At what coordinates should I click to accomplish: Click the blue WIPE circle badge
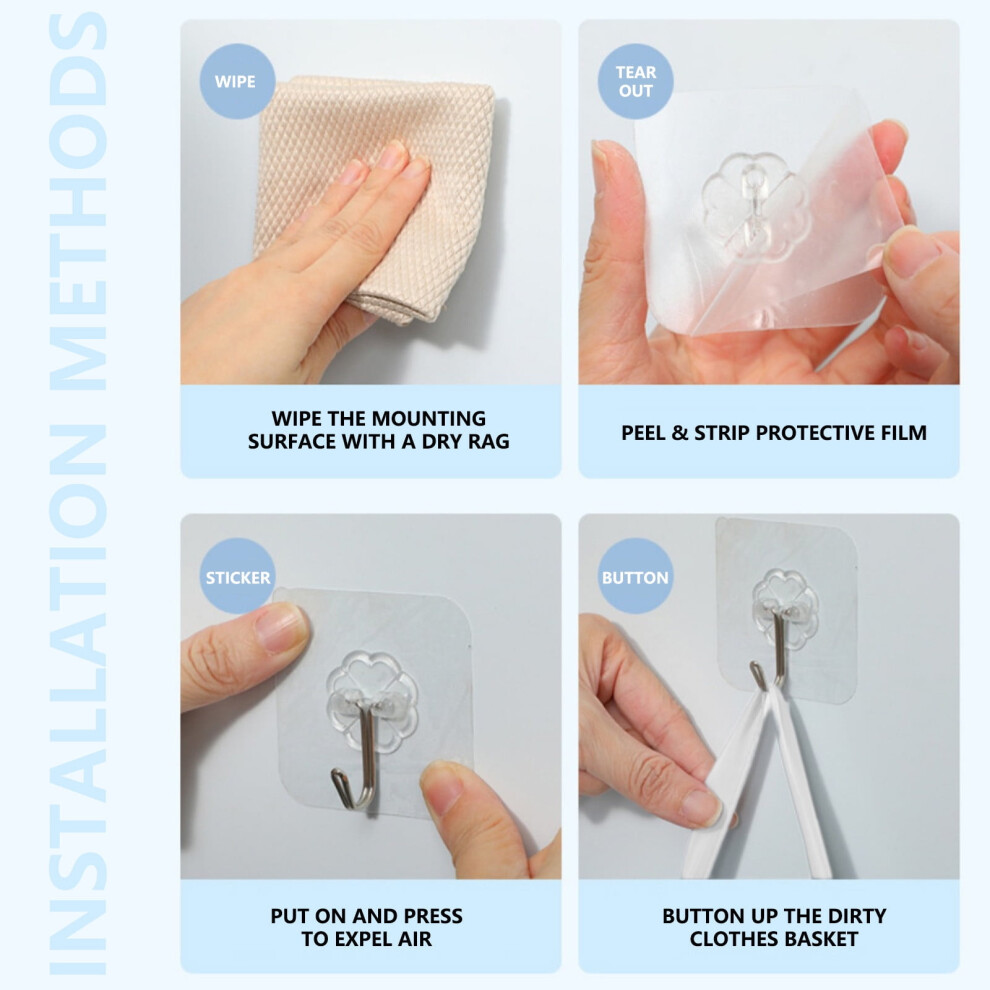237,81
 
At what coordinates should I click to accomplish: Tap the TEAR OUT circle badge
635,81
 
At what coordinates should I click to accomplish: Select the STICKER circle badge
237,576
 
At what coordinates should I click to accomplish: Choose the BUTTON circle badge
635,576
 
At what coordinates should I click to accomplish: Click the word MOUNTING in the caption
428,419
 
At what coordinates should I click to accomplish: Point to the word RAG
489,441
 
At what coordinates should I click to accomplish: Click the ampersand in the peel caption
679,433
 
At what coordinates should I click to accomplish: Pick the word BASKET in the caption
820,939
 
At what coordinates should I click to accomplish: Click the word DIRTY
857,916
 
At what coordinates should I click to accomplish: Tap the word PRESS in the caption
433,916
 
